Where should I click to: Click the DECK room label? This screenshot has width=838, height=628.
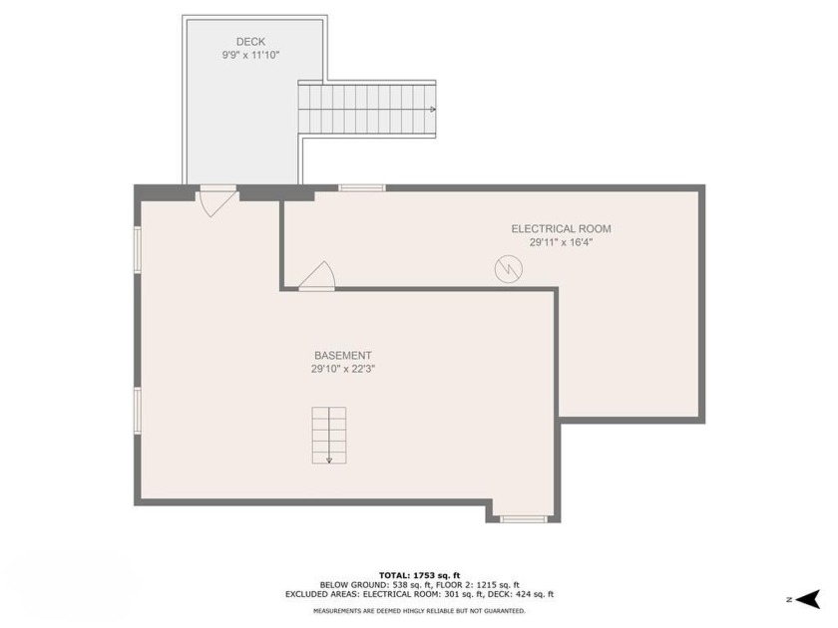click(x=250, y=42)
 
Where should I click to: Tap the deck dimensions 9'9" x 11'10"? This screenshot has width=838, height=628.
click(x=250, y=55)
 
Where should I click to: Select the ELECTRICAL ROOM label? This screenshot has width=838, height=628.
click(x=561, y=229)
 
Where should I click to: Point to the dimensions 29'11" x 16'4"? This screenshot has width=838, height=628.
click(x=561, y=242)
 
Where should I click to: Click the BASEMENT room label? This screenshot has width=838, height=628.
click(x=343, y=356)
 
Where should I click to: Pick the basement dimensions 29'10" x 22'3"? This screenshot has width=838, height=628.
click(x=343, y=369)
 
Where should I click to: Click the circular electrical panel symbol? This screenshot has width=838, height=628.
click(x=508, y=268)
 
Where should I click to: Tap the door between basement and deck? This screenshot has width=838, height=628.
click(x=216, y=200)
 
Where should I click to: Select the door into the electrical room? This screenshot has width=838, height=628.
click(x=317, y=277)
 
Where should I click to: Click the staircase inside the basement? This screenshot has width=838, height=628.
click(x=329, y=436)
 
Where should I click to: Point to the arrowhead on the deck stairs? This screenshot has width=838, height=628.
click(x=433, y=110)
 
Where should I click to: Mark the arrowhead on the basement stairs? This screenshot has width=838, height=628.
click(x=329, y=460)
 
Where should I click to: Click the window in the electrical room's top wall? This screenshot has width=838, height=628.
click(x=362, y=188)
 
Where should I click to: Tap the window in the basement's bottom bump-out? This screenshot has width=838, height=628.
click(x=524, y=518)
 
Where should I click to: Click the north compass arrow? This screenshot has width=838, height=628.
click(x=808, y=599)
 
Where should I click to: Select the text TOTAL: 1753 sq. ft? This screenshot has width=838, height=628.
click(x=420, y=575)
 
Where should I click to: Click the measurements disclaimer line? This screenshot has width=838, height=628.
click(x=420, y=610)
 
